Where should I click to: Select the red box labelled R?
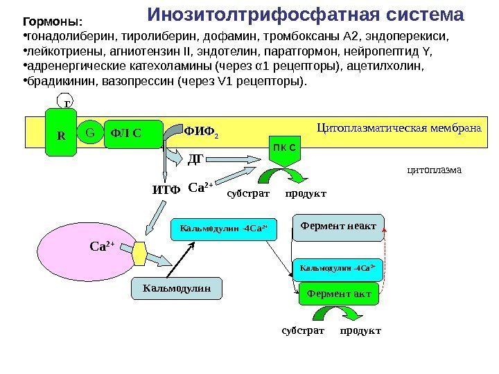pyautogui.click(x=61, y=133)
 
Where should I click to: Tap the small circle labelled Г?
pyautogui.click(x=67, y=105)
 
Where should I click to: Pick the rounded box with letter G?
pyautogui.click(x=89, y=130)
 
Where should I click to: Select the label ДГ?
pyautogui.click(x=196, y=160)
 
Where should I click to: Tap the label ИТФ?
pyautogui.click(x=166, y=188)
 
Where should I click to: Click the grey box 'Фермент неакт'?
pyautogui.click(x=338, y=226)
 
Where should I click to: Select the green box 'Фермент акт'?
pyautogui.click(x=338, y=294)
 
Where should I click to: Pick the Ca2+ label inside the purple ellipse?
pyautogui.click(x=101, y=244)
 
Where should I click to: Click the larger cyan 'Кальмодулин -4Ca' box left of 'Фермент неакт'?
pyautogui.click(x=224, y=227)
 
